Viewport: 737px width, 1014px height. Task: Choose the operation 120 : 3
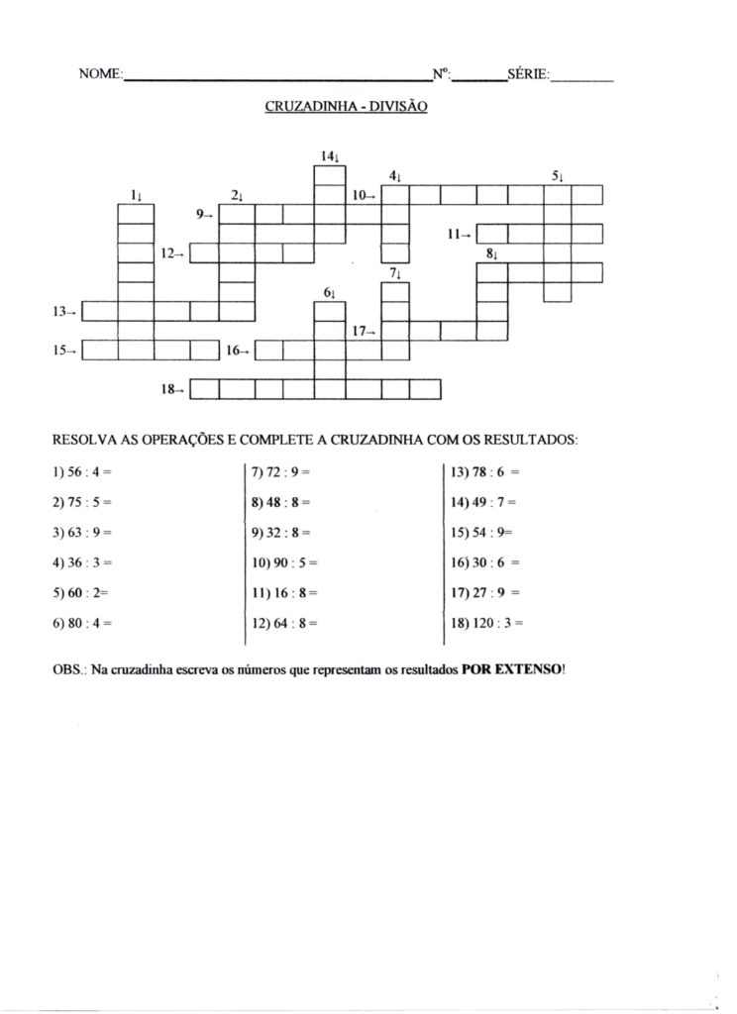[486, 624]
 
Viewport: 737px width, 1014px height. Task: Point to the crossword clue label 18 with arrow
[172, 390]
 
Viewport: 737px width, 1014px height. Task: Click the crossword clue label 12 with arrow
[172, 253]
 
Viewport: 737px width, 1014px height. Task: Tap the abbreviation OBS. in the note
[68, 668]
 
